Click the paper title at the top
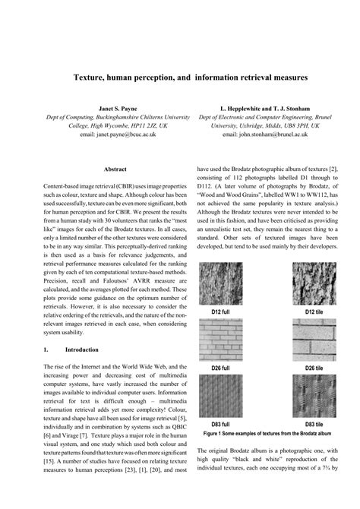coord(180,77)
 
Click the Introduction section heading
coord(82,349)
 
